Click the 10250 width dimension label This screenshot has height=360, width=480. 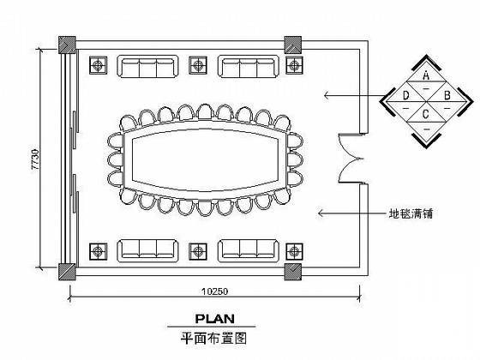coord(214,291)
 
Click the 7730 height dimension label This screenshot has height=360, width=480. coord(35,159)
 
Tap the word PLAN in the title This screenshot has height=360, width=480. coord(215,319)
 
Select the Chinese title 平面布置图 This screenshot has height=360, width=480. coord(213,339)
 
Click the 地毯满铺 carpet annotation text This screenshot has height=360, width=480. coord(411,213)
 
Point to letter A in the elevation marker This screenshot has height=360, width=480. coord(426,75)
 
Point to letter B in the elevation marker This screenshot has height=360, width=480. coord(447,95)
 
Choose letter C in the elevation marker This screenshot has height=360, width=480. coord(426,114)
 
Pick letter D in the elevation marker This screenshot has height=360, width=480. coord(405,96)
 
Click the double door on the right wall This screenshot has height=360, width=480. coord(351,159)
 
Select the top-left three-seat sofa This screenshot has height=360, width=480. coord(147,67)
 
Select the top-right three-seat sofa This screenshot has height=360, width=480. coord(249,67)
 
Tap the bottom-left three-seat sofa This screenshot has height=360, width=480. coord(147,250)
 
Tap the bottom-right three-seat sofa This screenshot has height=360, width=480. coord(249,250)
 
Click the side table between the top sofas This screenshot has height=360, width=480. coord(198,65)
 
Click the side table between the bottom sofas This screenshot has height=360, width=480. coord(198,252)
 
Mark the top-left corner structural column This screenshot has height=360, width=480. coord(67,45)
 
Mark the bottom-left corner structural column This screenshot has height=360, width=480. coord(67,272)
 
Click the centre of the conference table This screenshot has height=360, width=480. coord(205,159)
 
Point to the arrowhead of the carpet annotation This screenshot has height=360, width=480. coord(319,213)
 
